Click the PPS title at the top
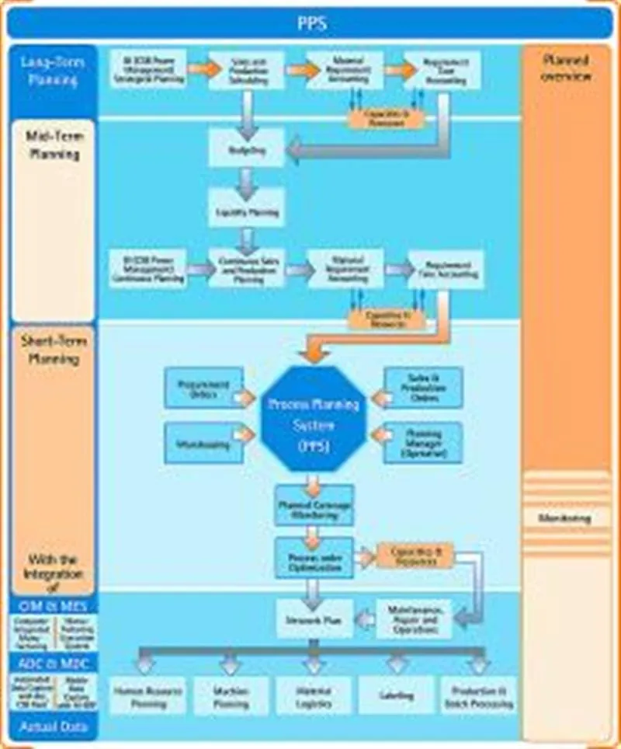[311, 23]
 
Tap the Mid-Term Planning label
[54, 145]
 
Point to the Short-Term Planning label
[54, 350]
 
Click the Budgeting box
[247, 151]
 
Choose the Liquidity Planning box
[247, 210]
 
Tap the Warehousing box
[204, 444]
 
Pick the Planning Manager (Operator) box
[423, 444]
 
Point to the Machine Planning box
[231, 695]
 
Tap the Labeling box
[397, 695]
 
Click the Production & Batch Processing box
[479, 695]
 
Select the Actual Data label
[54, 727]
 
